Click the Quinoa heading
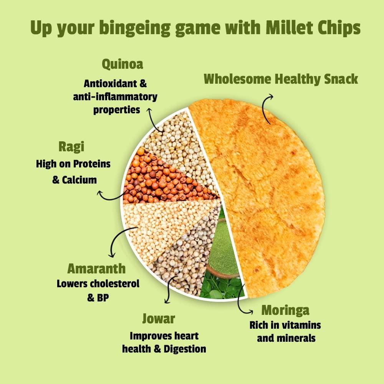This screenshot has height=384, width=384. [x=122, y=64]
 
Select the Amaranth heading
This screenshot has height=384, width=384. [x=96, y=268]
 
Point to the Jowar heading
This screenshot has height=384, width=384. [x=158, y=318]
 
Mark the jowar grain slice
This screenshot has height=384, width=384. [x=184, y=253]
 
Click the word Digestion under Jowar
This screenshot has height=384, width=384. [x=185, y=349]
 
